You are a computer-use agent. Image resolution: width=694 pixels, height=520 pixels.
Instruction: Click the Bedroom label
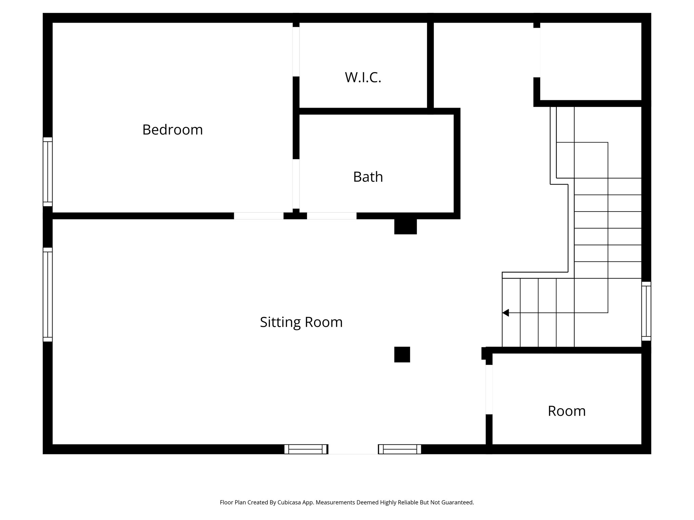tap(172, 130)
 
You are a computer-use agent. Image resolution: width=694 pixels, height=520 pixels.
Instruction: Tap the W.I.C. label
tap(363, 77)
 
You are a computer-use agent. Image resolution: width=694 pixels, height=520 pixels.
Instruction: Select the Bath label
tap(368, 177)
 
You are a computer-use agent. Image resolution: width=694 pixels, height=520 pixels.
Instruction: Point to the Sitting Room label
tap(301, 322)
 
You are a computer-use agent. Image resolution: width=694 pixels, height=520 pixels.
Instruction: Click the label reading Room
tap(567, 411)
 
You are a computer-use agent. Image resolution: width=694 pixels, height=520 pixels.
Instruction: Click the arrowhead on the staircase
tap(506, 313)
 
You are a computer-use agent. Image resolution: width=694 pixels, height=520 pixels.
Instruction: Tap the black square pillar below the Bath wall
tap(405, 226)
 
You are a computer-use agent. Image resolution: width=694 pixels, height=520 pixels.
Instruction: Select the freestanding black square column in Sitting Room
tap(402, 354)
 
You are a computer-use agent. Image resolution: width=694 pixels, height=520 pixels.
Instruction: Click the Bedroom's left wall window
tap(48, 172)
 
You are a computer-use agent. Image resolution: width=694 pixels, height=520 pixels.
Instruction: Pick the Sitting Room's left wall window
tap(48, 295)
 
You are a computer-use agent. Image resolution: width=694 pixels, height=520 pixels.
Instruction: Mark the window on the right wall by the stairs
tap(646, 311)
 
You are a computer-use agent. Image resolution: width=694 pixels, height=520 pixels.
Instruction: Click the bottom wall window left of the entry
tap(306, 449)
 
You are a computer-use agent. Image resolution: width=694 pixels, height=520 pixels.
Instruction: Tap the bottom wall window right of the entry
tap(400, 449)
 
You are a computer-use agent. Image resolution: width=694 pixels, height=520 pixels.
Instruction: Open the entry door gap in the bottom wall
tap(353, 449)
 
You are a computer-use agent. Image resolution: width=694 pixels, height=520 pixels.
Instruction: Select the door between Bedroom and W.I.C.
tap(296, 51)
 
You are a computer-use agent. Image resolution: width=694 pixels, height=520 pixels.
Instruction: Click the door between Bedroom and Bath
tap(296, 184)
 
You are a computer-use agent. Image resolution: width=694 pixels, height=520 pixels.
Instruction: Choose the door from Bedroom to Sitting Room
tap(259, 216)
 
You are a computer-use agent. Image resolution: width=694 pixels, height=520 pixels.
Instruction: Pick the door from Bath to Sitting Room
tap(332, 216)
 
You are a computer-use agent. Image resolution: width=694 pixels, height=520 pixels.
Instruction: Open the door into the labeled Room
tap(489, 389)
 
